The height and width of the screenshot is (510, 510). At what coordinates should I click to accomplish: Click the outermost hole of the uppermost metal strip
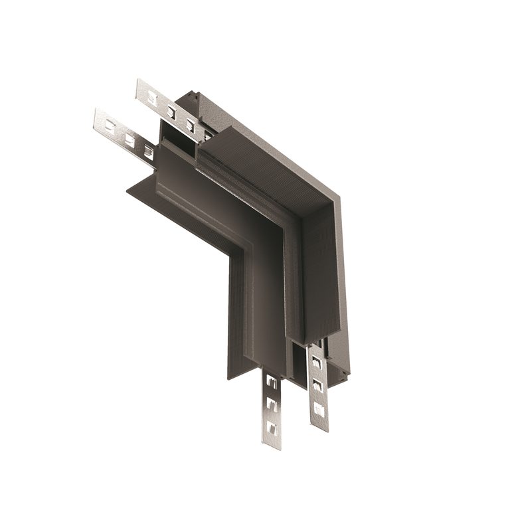click(x=152, y=98)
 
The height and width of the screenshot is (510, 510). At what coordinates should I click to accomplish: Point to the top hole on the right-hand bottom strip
click(x=316, y=363)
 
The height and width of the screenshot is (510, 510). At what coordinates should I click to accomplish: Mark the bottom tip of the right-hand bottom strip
click(x=320, y=428)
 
